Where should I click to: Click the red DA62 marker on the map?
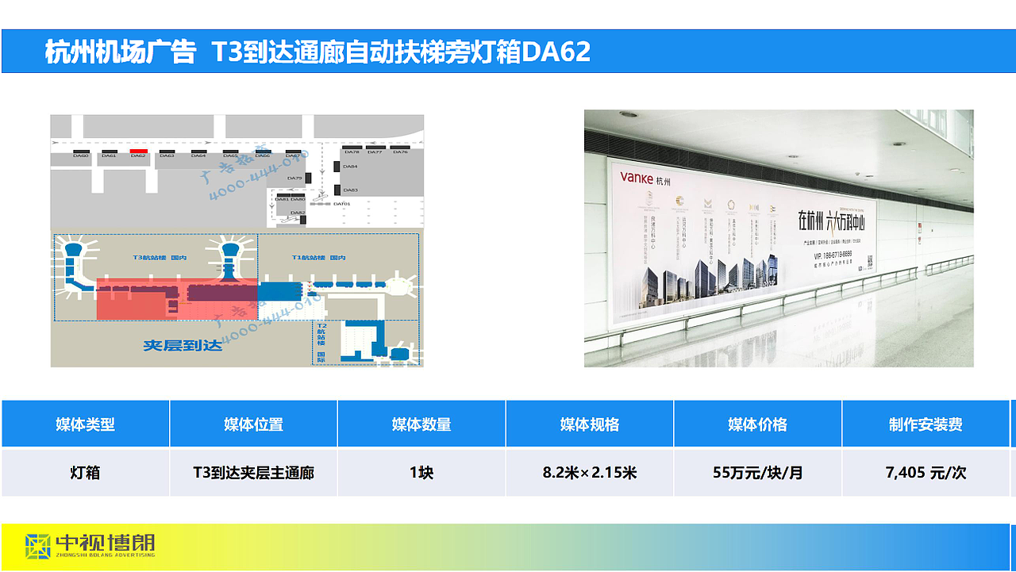(138, 151)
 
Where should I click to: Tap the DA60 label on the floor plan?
(81, 156)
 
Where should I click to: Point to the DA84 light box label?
(350, 167)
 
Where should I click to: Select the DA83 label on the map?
(350, 190)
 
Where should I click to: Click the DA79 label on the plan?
(294, 179)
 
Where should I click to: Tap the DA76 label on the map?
(400, 152)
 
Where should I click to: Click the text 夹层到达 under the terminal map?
(179, 345)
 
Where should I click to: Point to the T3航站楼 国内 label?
(160, 258)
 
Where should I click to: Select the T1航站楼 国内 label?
(319, 258)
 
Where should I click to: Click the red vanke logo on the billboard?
(637, 179)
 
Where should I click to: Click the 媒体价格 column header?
(757, 424)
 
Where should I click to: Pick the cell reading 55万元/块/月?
(757, 473)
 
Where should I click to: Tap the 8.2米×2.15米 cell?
(589, 473)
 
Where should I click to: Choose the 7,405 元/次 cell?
(926, 473)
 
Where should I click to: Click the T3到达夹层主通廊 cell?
(253, 473)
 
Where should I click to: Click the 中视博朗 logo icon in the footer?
(38, 545)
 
